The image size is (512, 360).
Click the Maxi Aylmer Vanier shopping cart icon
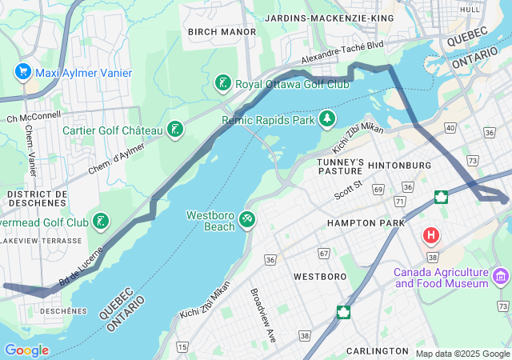click(22, 73)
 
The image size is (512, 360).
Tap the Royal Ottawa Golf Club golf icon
click(223, 83)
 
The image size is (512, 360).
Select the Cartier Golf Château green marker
click(174, 130)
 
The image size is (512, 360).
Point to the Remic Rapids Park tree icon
click(326, 120)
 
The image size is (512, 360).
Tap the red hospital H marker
click(431, 236)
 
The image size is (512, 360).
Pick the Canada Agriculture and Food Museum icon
click(501, 278)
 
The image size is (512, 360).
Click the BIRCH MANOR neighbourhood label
click(222, 32)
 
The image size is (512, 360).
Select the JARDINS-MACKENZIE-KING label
click(329, 18)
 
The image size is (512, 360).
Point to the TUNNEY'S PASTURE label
click(341, 166)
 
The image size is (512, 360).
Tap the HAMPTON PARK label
click(359, 222)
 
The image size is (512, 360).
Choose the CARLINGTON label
click(378, 351)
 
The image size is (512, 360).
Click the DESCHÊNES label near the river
click(63, 310)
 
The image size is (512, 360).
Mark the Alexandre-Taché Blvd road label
click(342, 53)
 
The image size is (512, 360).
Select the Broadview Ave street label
click(262, 315)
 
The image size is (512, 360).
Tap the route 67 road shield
click(324, 254)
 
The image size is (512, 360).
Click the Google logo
click(26, 350)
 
